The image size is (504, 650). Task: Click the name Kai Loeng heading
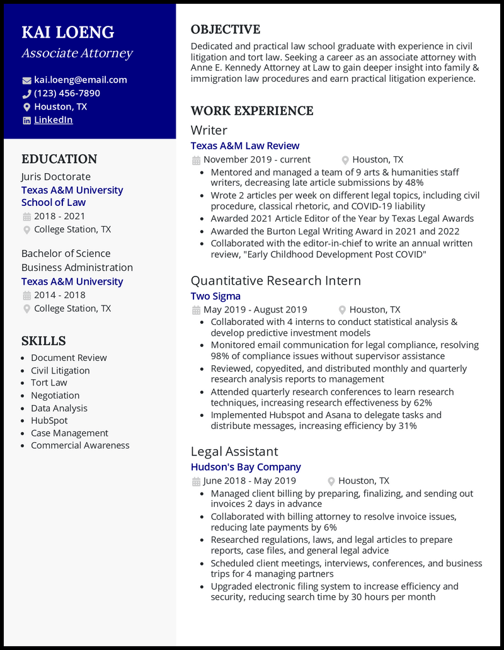pyautogui.click(x=68, y=32)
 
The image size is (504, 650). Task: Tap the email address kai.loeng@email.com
pyautogui.click(x=81, y=80)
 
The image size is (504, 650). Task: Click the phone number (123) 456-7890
pyautogui.click(x=67, y=93)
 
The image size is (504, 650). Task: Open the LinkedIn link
pyautogui.click(x=54, y=120)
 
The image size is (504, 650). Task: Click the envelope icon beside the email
pyautogui.click(x=26, y=81)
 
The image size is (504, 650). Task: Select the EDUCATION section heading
pyautogui.click(x=59, y=159)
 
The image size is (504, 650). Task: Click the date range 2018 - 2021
pyautogui.click(x=59, y=216)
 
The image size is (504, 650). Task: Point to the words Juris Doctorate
pyautogui.click(x=56, y=177)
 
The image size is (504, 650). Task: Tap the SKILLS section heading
pyautogui.click(x=43, y=341)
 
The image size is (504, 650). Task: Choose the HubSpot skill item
pyautogui.click(x=49, y=421)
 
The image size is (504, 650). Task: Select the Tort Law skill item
pyautogui.click(x=49, y=383)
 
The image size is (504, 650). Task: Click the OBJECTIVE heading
pyautogui.click(x=226, y=30)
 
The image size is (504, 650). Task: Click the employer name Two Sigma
pyautogui.click(x=215, y=296)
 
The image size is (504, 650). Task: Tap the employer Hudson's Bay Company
pyautogui.click(x=246, y=467)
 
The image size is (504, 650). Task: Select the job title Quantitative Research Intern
pyautogui.click(x=276, y=280)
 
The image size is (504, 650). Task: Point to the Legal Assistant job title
pyautogui.click(x=234, y=452)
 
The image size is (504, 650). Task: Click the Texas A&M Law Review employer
pyautogui.click(x=245, y=146)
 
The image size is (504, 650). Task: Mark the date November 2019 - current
pyautogui.click(x=257, y=160)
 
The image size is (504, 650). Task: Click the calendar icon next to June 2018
pyautogui.click(x=196, y=481)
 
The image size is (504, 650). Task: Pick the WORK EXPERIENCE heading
pyautogui.click(x=252, y=111)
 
